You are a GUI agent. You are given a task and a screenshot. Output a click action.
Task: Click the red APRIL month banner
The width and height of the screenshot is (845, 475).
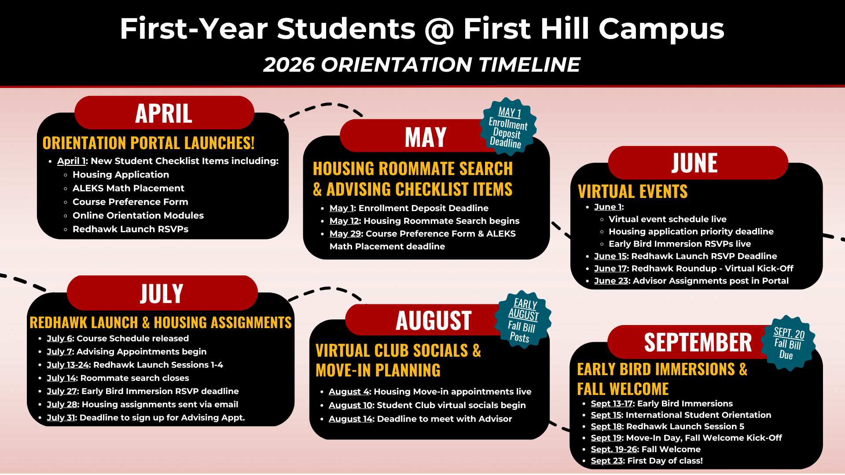[164, 113]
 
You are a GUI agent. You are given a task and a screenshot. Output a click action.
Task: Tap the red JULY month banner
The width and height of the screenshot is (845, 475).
[162, 293]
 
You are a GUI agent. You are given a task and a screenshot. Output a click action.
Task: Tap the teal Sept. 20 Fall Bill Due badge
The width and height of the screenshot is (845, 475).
[788, 343]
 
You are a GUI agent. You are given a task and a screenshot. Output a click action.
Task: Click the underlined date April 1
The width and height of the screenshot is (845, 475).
[71, 161]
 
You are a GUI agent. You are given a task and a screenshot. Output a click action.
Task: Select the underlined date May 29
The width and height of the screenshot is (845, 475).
[345, 234]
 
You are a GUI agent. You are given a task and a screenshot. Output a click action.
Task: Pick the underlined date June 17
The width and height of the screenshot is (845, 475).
[610, 268]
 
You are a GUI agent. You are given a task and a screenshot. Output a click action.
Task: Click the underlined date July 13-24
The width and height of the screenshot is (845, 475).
[68, 365]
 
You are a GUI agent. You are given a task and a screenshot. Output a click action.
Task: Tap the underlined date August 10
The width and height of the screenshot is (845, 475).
[350, 405]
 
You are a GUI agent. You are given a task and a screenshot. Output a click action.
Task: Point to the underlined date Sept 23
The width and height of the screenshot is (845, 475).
[606, 460]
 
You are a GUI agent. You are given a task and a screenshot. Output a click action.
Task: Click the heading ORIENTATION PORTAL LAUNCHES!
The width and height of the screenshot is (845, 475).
[148, 143]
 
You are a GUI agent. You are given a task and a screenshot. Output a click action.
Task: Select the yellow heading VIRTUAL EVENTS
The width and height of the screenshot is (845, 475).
[632, 191]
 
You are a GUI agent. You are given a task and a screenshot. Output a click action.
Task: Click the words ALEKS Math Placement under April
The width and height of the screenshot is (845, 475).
[128, 188]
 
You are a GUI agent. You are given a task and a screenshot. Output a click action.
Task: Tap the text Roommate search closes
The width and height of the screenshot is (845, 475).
[134, 378]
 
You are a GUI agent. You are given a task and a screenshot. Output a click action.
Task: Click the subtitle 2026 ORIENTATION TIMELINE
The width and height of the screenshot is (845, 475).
[422, 65]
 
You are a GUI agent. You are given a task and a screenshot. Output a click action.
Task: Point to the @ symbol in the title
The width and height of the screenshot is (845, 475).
[439, 29]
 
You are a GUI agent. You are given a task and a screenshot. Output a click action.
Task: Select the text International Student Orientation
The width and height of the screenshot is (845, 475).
[698, 415]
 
